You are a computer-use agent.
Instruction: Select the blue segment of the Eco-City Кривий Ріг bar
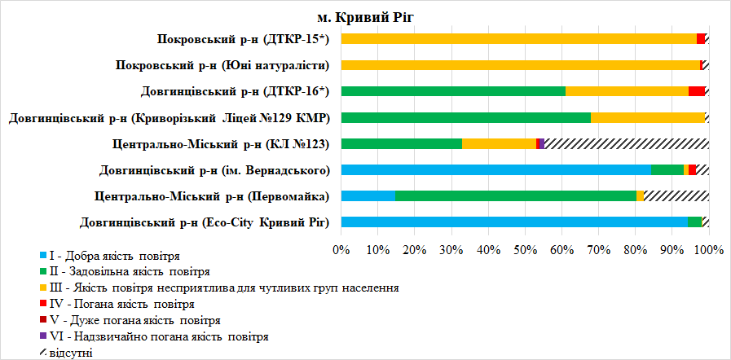(514, 222)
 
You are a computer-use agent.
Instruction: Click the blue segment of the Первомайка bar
(368, 196)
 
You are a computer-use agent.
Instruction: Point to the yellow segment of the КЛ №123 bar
(499, 144)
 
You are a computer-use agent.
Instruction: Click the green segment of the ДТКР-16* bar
(453, 91)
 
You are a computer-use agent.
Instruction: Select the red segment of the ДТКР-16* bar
(697, 91)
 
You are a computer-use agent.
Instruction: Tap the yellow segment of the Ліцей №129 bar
(647, 117)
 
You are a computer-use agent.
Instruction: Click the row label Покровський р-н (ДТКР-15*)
(244, 39)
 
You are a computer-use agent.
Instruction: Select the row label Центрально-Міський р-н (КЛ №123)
(220, 144)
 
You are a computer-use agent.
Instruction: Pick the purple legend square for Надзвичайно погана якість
(42, 336)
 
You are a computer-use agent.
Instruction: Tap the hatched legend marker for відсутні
(42, 352)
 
